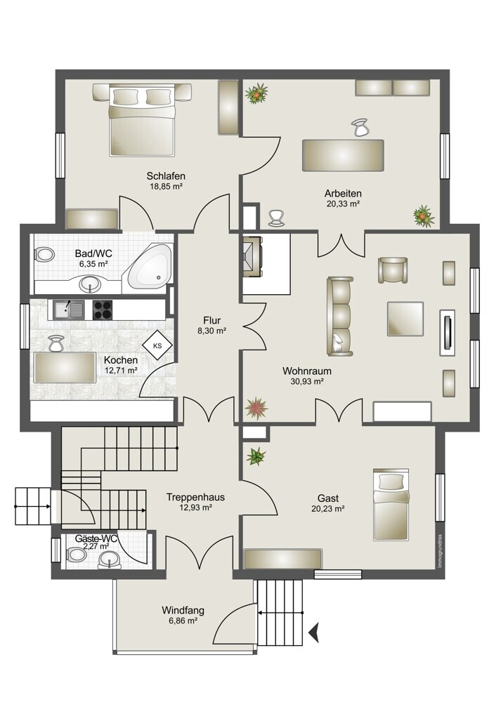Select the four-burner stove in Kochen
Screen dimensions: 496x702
(104, 310)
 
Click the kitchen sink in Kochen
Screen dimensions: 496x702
(69, 310)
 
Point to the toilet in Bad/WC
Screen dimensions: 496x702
(44, 255)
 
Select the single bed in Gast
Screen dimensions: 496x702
(391, 505)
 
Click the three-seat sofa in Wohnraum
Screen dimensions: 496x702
(339, 316)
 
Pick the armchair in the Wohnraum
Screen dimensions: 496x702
(393, 270)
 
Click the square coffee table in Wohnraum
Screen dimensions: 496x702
(405, 318)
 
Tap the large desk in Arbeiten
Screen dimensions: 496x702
(343, 155)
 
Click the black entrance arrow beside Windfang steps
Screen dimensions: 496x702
(314, 633)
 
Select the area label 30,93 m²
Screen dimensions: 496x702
(307, 381)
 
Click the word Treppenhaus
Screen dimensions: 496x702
(195, 497)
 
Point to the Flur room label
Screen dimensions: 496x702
(211, 321)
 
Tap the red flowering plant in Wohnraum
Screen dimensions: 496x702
(256, 408)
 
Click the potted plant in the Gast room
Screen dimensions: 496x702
(256, 456)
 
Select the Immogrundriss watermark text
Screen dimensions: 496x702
(440, 551)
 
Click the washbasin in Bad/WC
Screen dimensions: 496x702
(91, 284)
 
